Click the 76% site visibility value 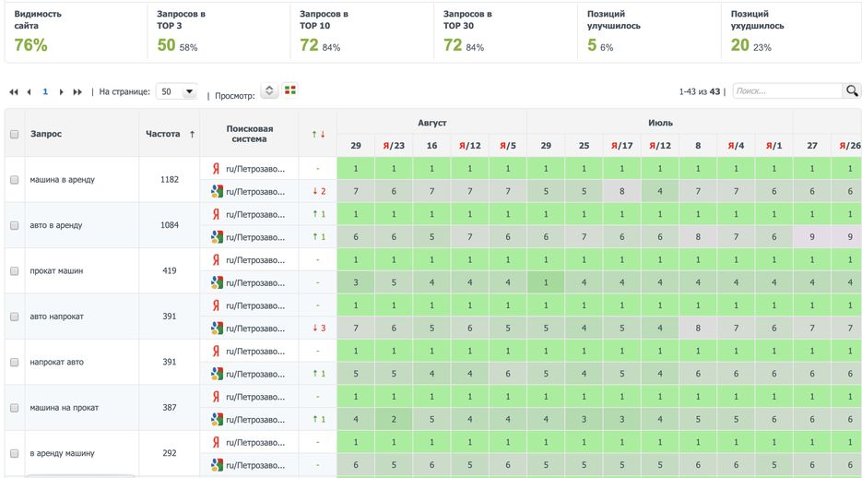[x=30, y=45]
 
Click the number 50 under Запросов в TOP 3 [x=166, y=45]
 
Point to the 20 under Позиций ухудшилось [x=739, y=45]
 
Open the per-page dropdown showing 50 [x=177, y=91]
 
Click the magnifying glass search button [x=852, y=90]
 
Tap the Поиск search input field [x=787, y=91]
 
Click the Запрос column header [x=46, y=134]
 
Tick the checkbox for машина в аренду [x=14, y=180]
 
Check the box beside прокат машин [x=14, y=271]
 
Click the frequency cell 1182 [x=170, y=180]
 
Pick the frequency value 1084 [x=170, y=225]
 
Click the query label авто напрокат [x=56, y=317]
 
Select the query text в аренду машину [x=62, y=453]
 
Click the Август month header [x=431, y=122]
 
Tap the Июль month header [x=660, y=122]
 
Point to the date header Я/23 [x=394, y=146]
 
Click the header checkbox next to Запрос [x=14, y=135]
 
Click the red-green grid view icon [x=290, y=90]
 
